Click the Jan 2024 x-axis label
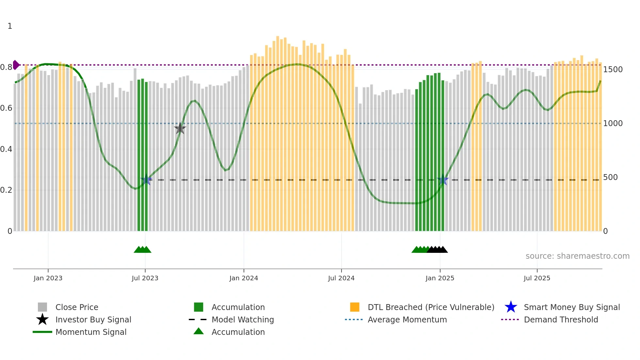tap(244, 278)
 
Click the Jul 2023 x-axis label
tap(145, 278)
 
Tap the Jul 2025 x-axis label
tap(537, 278)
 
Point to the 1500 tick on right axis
tap(613, 69)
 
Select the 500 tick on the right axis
tap(610, 177)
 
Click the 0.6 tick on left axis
tap(6, 108)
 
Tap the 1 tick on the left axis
tap(10, 26)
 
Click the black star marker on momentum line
tap(180, 128)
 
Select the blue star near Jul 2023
tap(146, 180)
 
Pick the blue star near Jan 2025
tap(443, 180)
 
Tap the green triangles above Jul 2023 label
tap(142, 250)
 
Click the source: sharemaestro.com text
tap(577, 256)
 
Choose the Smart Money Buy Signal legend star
tap(511, 307)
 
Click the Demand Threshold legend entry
tap(561, 319)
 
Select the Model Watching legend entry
tap(242, 319)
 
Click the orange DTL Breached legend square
tap(355, 307)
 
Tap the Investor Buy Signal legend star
tap(42, 319)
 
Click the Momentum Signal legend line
tap(42, 332)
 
